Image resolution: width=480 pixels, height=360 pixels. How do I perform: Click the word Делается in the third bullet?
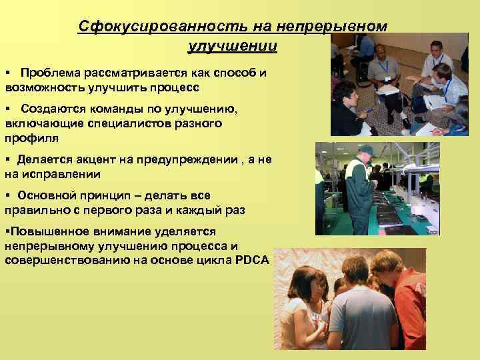(x=46, y=159)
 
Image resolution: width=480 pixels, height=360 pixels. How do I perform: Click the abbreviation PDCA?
(x=252, y=261)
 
